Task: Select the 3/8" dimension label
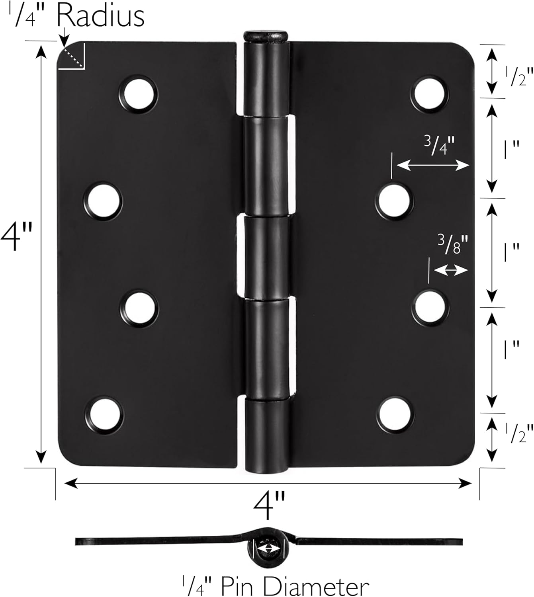click(x=450, y=244)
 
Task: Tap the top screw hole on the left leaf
click(x=139, y=94)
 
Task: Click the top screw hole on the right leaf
click(x=429, y=94)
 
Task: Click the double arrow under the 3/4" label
click(x=433, y=165)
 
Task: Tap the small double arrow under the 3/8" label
click(x=450, y=271)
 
